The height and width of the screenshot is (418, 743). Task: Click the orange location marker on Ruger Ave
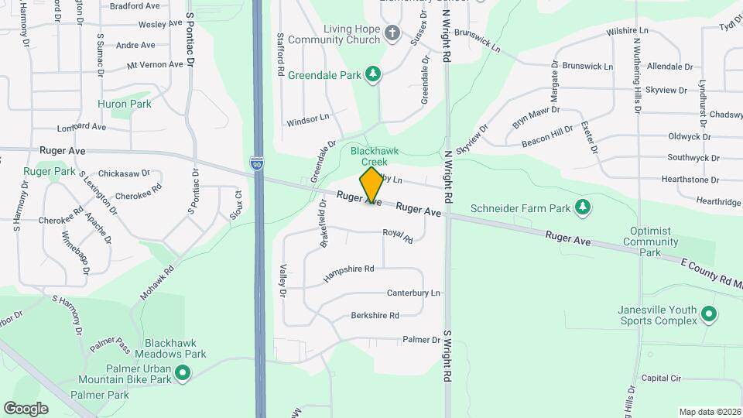(372, 186)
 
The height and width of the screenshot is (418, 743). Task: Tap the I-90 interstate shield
(256, 164)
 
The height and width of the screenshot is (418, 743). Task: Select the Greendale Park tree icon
(374, 74)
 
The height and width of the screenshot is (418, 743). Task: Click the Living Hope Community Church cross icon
(392, 33)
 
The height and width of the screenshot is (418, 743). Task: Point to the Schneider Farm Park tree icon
(583, 207)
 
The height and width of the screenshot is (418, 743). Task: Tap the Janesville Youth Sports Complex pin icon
(709, 314)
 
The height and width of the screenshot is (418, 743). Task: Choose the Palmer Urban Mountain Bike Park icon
(183, 373)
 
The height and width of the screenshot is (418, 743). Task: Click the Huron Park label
(125, 103)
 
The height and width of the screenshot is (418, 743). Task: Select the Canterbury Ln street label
(413, 293)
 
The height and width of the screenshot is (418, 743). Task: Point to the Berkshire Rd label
(375, 315)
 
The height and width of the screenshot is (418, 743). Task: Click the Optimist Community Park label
(655, 242)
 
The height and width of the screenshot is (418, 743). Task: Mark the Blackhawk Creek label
(369, 156)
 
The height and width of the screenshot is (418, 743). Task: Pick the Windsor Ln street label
(307, 121)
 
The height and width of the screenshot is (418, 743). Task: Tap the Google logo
(26, 408)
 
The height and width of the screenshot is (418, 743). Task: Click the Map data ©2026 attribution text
(710, 412)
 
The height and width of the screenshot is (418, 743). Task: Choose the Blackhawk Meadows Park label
(176, 348)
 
